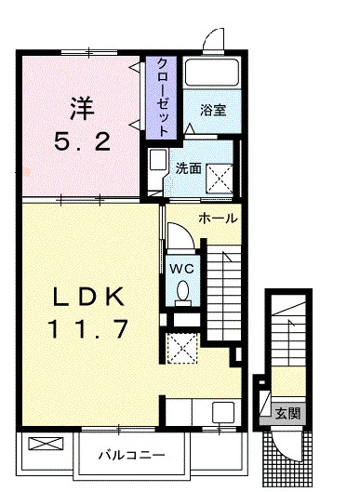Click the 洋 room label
click(80, 109)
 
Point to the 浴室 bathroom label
click(213, 110)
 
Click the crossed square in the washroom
click(220, 175)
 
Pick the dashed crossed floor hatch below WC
click(182, 347)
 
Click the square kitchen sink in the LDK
click(223, 411)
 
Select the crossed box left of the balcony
click(42, 444)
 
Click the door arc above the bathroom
click(214, 41)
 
